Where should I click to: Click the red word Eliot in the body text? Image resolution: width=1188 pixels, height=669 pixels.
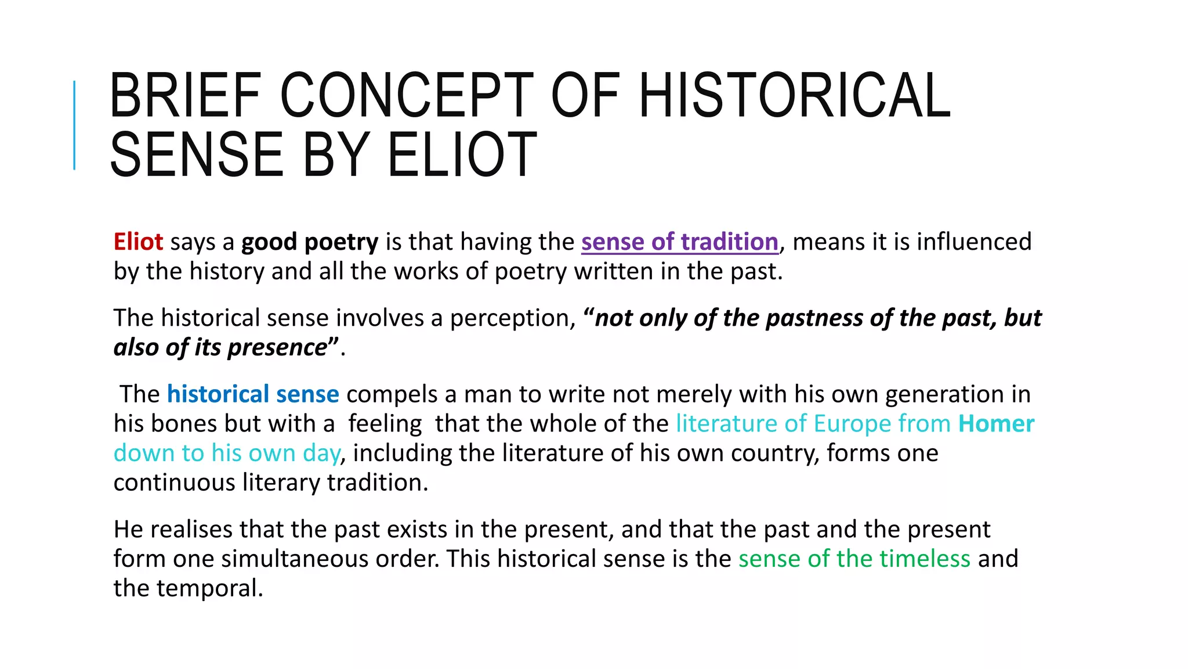tap(138, 242)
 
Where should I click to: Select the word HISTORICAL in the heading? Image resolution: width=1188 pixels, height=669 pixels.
tap(794, 95)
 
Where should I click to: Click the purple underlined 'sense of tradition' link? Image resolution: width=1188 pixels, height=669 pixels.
tap(679, 242)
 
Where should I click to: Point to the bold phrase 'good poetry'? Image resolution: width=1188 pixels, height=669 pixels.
tap(310, 242)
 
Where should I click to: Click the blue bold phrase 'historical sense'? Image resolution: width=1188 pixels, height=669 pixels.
tap(253, 394)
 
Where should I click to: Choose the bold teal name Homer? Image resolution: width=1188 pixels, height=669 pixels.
tap(996, 423)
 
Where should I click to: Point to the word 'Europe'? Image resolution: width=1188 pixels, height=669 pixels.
tap(852, 423)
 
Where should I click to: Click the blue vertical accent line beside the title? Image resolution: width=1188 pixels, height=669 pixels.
tap(74, 125)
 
